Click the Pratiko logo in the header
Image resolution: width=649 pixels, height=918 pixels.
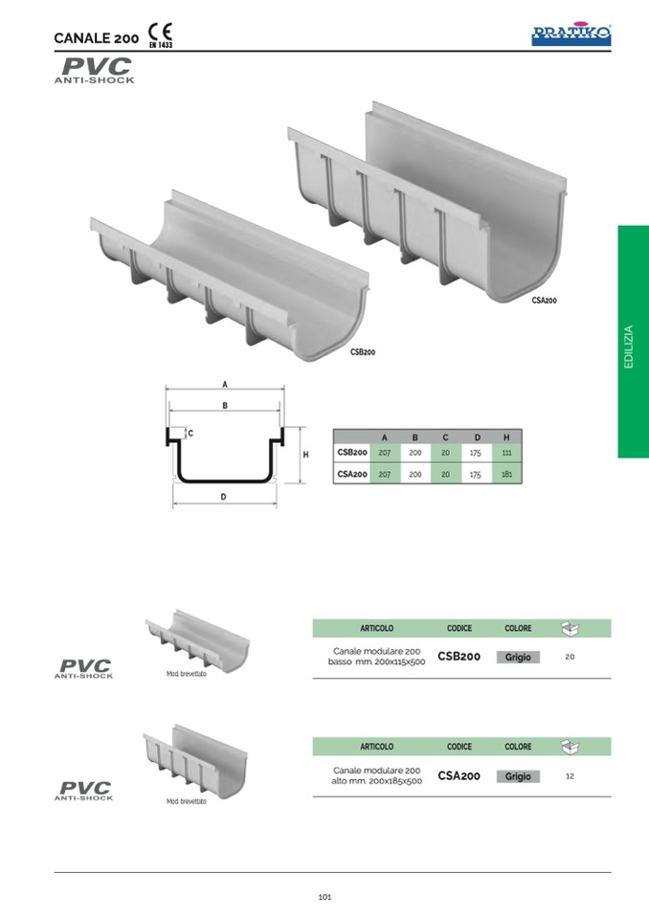coord(571,35)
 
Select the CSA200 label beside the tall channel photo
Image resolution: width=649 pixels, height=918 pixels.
coord(545,301)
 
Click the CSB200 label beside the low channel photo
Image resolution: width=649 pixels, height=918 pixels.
coord(363,352)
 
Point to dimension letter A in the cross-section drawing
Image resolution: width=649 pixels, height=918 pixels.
coord(225,385)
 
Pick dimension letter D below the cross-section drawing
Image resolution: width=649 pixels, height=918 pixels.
coord(224,497)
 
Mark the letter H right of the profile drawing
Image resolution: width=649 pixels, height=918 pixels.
coord(305,455)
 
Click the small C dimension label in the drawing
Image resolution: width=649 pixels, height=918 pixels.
coord(190,434)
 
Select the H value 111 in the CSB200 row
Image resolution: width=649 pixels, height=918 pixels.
coord(506,453)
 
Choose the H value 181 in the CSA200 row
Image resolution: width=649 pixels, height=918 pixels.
coord(506,474)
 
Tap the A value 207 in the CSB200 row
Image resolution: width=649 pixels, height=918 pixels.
coord(385,453)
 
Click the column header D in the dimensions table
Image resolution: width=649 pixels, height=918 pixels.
coord(477,437)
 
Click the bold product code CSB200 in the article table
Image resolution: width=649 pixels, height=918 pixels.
coord(459,657)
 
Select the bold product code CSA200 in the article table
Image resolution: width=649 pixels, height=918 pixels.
coord(459,775)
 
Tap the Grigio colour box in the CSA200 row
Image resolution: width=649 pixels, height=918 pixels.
coord(518,776)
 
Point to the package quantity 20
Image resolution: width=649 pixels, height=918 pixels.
coord(570,657)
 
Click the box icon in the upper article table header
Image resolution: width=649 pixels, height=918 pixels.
coord(570,628)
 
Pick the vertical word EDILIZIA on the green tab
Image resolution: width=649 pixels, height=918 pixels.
coord(629,347)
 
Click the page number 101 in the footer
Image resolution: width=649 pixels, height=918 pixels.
coord(324,897)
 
